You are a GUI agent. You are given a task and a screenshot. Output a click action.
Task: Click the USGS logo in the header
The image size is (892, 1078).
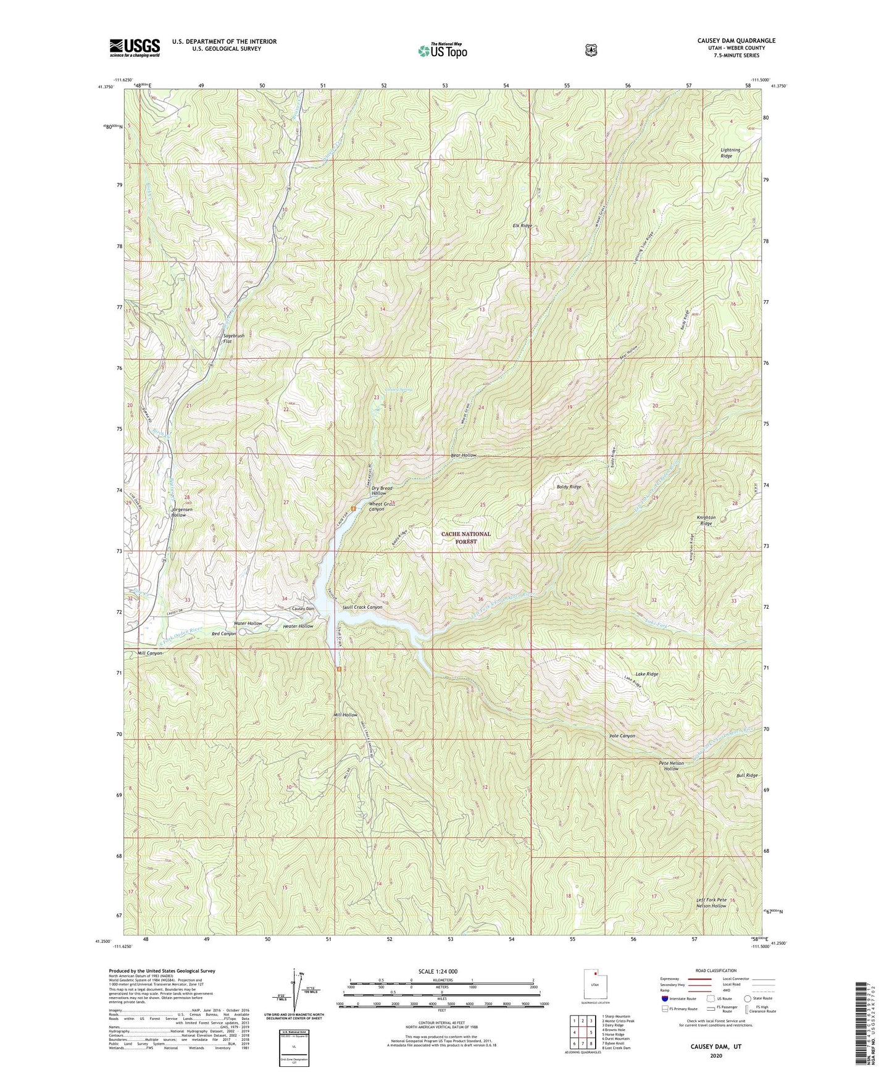(x=135, y=48)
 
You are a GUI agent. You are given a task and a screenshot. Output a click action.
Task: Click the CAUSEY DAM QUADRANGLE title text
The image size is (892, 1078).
(x=736, y=41)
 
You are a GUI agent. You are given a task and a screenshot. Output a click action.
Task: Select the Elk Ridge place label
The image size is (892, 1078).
(x=522, y=226)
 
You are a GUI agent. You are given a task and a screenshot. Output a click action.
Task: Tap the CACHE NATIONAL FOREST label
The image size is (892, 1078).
(x=466, y=537)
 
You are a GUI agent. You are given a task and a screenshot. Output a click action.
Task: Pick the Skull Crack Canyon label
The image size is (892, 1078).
(x=362, y=607)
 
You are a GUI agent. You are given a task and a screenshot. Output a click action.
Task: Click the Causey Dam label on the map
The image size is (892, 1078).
(x=303, y=609)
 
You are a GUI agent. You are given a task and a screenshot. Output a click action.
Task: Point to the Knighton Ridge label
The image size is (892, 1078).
(x=706, y=520)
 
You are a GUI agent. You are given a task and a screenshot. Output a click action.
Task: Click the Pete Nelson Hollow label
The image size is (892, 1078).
(x=672, y=766)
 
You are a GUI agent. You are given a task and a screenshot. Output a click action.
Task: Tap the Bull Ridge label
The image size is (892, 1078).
(x=747, y=775)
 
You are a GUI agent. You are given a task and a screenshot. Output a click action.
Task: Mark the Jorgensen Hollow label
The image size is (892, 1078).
(x=182, y=512)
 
